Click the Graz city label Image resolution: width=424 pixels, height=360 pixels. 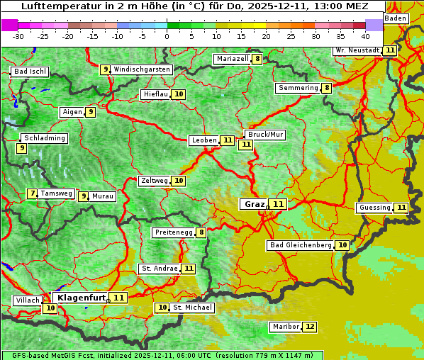[253, 204]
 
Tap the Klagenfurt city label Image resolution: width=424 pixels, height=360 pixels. [82, 298]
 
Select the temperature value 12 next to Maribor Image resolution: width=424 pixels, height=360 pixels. [310, 327]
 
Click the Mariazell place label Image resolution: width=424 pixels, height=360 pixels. [233, 59]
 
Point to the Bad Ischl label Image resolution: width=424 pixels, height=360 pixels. [30, 72]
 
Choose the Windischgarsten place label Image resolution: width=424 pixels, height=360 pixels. [142, 69]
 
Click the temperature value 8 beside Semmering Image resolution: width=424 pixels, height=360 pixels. [326, 88]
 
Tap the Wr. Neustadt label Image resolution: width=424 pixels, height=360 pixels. [357, 50]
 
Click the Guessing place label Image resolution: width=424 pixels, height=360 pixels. [374, 208]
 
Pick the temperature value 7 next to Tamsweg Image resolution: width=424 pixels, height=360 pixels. [32, 193]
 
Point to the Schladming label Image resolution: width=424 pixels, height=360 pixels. [44, 138]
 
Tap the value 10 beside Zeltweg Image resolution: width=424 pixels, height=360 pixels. [179, 181]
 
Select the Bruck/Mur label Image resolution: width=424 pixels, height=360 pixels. [265, 134]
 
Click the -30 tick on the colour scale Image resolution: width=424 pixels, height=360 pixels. [18, 35]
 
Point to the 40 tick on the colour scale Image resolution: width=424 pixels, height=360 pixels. [364, 35]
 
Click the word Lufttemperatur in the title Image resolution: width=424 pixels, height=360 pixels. [54, 6]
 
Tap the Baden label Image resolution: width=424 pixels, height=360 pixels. [396, 18]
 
